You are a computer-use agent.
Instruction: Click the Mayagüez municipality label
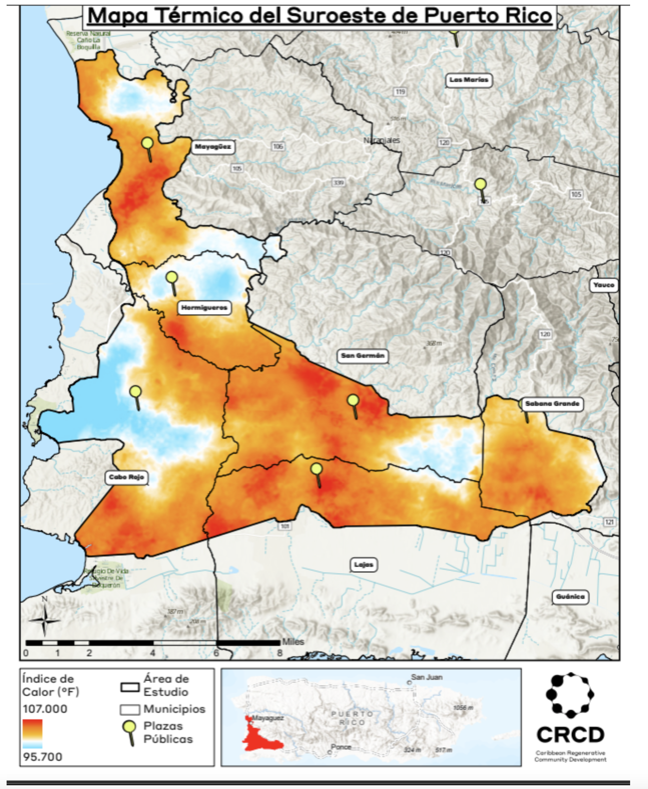coord(213,147)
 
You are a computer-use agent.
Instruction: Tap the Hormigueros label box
coord(204,308)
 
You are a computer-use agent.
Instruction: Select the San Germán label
coord(362,356)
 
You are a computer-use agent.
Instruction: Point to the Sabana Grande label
coord(552,404)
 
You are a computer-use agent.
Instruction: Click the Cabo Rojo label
coord(126,477)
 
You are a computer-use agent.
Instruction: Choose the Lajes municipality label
coord(364,564)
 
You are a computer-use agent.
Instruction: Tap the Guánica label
coord(570,597)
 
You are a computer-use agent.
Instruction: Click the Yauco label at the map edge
coord(603,285)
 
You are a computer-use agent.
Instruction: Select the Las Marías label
coord(469,80)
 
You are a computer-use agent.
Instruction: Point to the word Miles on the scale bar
coord(293,642)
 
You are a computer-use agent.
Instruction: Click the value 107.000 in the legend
coord(45,709)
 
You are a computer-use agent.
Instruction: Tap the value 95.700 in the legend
coord(42,757)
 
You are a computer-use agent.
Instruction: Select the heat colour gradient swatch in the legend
coord(32,733)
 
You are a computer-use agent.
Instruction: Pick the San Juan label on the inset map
coord(427,677)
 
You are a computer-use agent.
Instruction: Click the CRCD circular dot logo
coord(570,695)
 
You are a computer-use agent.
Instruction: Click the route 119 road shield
coord(400,92)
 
